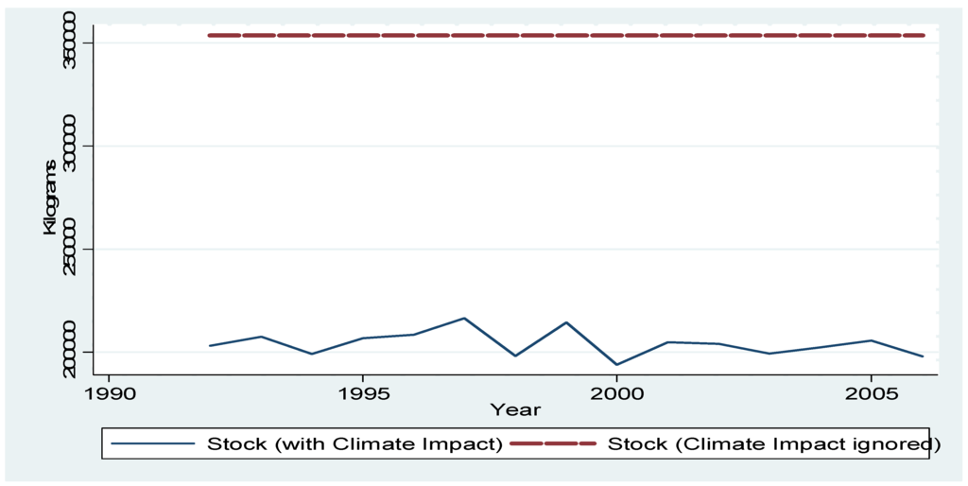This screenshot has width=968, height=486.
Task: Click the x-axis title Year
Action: pyautogui.click(x=515, y=410)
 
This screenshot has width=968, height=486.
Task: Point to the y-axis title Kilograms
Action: pyautogui.click(x=52, y=197)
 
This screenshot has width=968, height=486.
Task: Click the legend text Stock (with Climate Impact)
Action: pyautogui.click(x=355, y=443)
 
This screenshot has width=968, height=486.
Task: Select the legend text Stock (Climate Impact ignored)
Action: pyautogui.click(x=774, y=443)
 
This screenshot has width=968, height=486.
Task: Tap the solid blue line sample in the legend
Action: pyautogui.click(x=152, y=443)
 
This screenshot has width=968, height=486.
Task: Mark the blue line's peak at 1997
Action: pyautogui.click(x=464, y=318)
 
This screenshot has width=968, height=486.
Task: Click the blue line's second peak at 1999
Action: pyautogui.click(x=566, y=322)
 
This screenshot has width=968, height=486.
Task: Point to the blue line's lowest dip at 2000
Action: pyautogui.click(x=616, y=365)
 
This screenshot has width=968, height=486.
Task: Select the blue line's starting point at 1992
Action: pyautogui.click(x=210, y=346)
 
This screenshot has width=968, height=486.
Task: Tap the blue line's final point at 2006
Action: pyautogui.click(x=923, y=356)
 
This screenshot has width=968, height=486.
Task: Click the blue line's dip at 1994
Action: pyautogui.click(x=312, y=354)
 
